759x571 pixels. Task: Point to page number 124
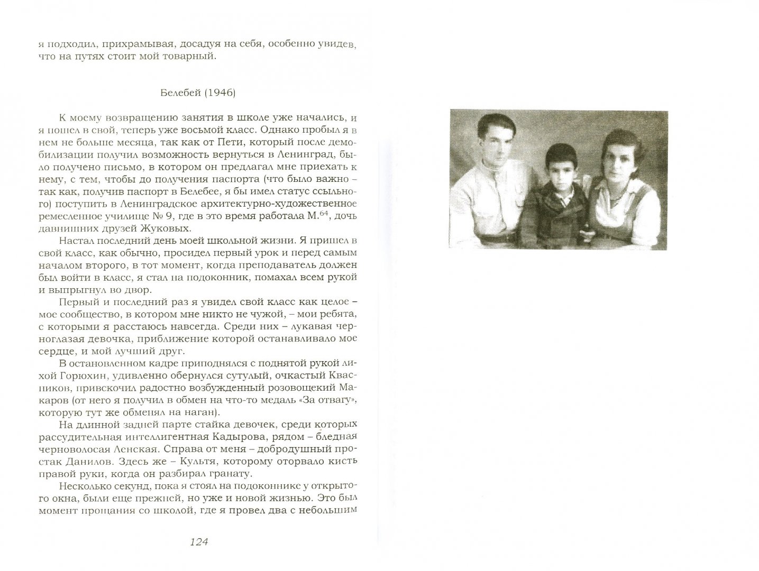196,541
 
